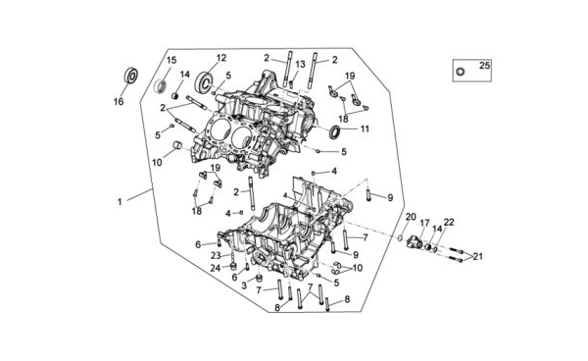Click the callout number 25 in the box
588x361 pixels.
pos(484,66)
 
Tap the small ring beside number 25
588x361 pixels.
pos(461,72)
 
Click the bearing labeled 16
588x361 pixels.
pos(131,76)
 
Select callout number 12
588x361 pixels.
pos(221,58)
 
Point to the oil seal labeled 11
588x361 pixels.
pos(335,131)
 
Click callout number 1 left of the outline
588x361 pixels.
pos(120,202)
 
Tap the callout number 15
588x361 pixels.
pos(171,60)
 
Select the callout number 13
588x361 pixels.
pos(300,64)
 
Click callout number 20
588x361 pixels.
pos(411,217)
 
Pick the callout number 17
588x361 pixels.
pos(424,224)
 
